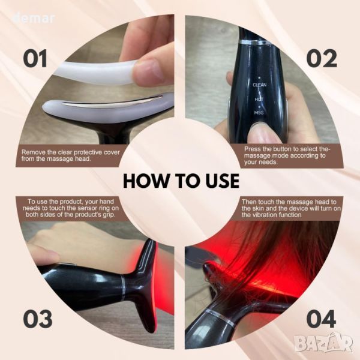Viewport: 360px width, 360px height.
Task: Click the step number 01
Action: [35, 58]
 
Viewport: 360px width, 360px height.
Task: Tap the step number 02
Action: [322, 58]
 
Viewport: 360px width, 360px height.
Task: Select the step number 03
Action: [38, 319]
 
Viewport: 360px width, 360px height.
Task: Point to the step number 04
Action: [322, 319]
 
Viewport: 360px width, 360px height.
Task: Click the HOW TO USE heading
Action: [181, 181]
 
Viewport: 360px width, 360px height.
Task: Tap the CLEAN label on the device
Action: [259, 85]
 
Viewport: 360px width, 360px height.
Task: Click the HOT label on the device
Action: [259, 99]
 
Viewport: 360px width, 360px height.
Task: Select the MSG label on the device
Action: [259, 113]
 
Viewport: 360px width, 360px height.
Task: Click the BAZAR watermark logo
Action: [324, 344]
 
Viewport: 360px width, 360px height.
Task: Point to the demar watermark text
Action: [34, 19]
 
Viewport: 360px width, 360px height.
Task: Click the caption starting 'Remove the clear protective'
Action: [71, 155]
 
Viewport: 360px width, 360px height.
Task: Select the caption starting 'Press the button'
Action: [287, 155]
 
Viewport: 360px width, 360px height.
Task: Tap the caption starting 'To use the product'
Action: [71, 208]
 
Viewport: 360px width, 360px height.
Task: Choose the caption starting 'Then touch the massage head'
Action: [291, 208]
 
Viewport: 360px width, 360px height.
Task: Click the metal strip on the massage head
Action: [110, 101]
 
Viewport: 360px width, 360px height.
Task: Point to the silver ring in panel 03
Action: [122, 287]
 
